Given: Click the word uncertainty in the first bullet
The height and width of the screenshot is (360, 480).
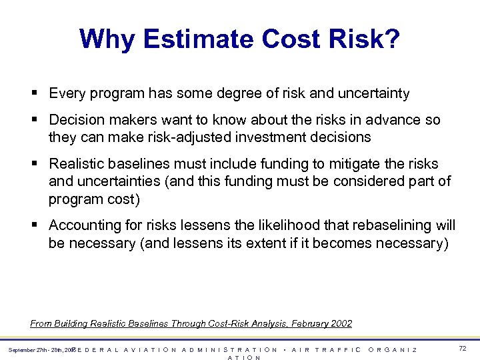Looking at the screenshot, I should tap(374, 93).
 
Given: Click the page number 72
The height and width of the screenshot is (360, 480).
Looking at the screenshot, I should tap(463, 349).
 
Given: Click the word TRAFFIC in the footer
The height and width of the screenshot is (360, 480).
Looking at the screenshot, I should tap(339, 349).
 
